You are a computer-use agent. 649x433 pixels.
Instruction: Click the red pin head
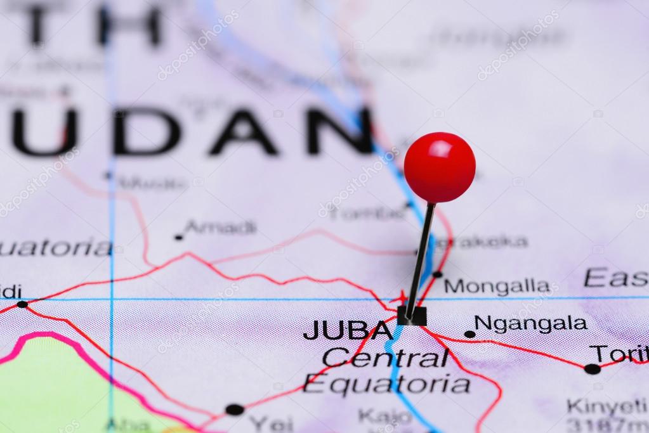point(440,167)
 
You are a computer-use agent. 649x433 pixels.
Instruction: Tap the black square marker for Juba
point(412,315)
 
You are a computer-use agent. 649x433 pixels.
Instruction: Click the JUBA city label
point(348,330)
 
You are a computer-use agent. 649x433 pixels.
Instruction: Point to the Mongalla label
point(497,287)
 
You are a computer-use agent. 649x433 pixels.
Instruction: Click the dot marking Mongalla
point(437,275)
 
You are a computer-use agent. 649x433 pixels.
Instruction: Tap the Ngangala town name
point(530,324)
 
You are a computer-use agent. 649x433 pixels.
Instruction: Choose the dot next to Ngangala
point(469,334)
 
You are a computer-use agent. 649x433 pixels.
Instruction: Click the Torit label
point(619,354)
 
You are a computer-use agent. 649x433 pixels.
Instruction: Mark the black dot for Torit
point(592,369)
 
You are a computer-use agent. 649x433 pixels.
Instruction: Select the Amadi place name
point(221,228)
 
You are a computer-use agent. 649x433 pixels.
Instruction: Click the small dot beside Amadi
point(178,238)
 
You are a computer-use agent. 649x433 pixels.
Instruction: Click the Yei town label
point(271,423)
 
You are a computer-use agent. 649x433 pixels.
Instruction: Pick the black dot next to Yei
point(234,410)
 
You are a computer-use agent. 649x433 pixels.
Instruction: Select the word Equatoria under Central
point(386,384)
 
